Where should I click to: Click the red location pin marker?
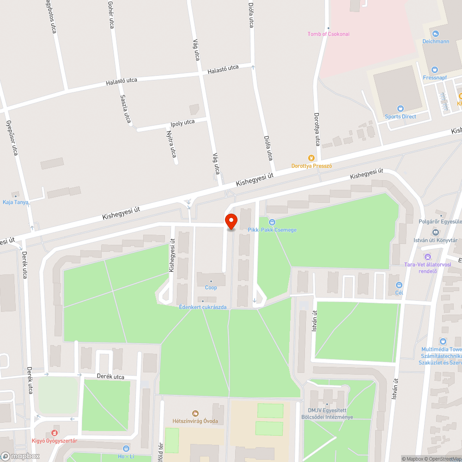pos(231,222)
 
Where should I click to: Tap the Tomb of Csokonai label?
pos(329,34)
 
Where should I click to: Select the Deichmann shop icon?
pos(436,34)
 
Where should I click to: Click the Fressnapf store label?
pos(436,77)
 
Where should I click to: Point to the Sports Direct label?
pos(401,116)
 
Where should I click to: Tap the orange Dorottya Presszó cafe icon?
pos(312,158)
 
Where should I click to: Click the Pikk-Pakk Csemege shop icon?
pos(272,222)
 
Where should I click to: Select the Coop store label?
pos(211,287)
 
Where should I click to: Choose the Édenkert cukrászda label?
pos(203,307)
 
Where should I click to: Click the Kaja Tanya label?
pos(15,202)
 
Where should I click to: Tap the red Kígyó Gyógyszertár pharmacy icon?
pos(55,433)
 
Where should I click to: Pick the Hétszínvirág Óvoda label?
pos(195,421)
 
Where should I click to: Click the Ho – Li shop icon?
pos(126,448)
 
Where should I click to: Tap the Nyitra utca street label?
pos(171,143)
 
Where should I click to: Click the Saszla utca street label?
pos(125,109)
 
